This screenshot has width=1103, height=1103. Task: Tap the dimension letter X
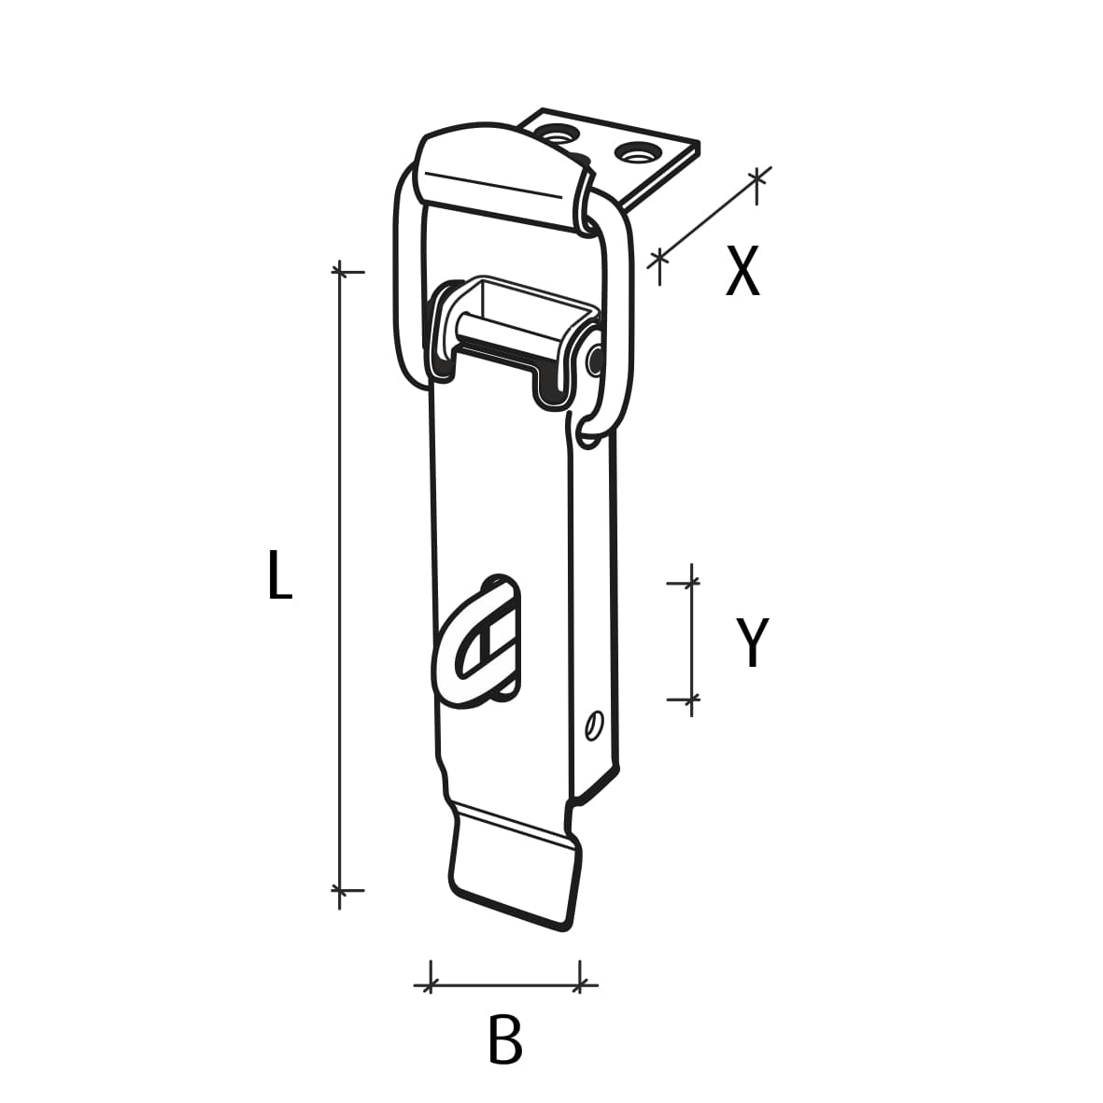(x=742, y=273)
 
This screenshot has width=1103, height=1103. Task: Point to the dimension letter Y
(x=751, y=643)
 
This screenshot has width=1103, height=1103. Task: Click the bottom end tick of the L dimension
(x=340, y=890)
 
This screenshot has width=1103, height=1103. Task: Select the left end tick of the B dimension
(x=430, y=983)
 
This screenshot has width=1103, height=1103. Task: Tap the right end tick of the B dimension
(x=581, y=983)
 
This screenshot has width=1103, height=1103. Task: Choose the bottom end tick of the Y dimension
(x=691, y=699)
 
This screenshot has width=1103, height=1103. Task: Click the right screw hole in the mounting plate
(x=636, y=150)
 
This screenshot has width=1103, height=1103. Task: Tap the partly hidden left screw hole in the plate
(x=559, y=136)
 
